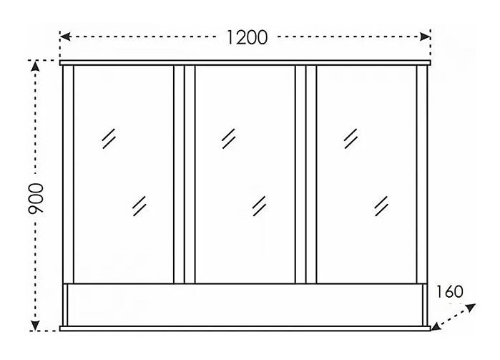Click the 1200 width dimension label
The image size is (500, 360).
click(x=246, y=37)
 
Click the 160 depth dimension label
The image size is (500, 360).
click(x=448, y=291)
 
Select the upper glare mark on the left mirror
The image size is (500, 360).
click(x=109, y=137)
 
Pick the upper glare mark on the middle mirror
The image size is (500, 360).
click(x=229, y=137)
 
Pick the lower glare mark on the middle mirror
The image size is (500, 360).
click(x=259, y=206)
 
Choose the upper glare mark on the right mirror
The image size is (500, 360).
click(x=351, y=137)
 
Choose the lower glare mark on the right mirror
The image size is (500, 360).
click(x=381, y=206)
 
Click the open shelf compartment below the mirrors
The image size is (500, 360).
click(x=245, y=304)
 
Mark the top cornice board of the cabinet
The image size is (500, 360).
click(x=245, y=63)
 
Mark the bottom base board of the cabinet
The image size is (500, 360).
click(x=245, y=329)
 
